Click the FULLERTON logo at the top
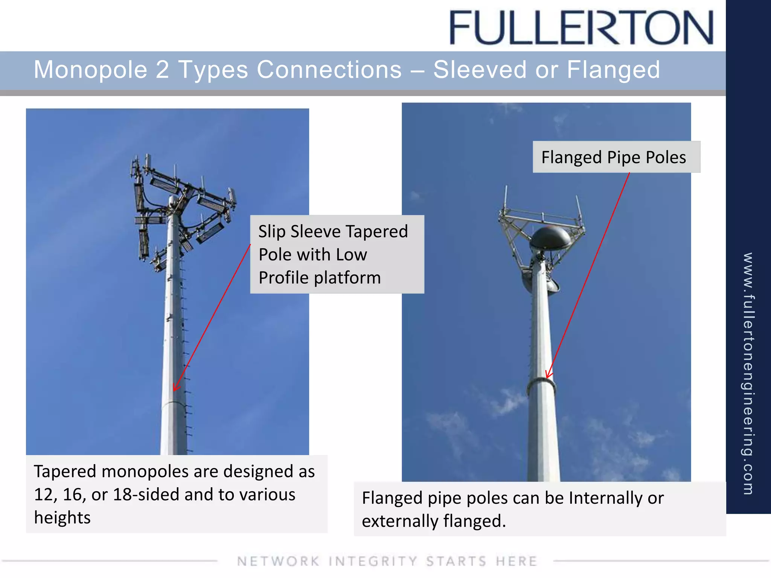pos(581,27)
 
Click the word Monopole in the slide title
pos(90,70)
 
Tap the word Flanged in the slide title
pos(613,70)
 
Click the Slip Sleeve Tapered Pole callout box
pos(337,254)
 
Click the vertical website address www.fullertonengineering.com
pos(748,373)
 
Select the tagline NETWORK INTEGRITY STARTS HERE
pos(387,561)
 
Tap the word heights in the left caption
pos(62,518)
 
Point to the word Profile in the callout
pos(284,278)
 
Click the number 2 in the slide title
pos(162,70)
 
